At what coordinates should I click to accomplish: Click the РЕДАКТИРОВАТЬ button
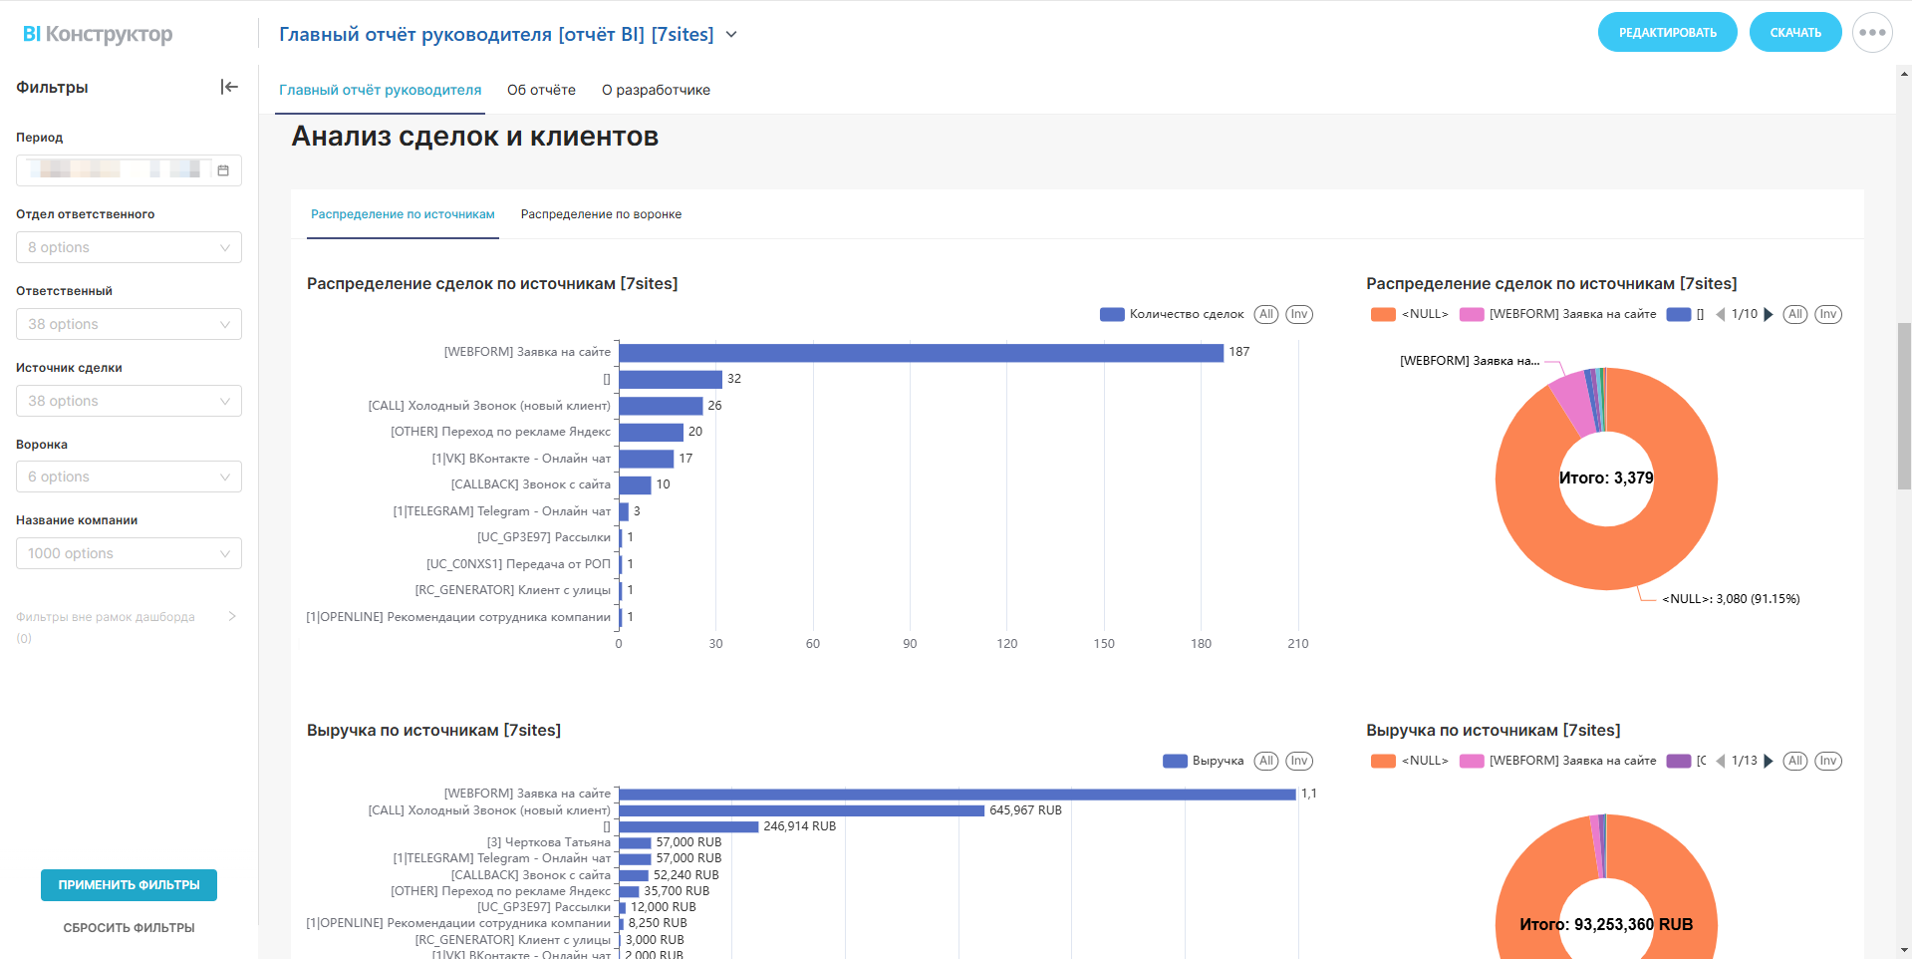[x=1667, y=33]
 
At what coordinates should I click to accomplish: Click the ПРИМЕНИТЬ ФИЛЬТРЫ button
[x=129, y=885]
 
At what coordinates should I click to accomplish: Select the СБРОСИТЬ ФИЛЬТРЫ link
[x=129, y=928]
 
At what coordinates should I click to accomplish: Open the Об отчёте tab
[x=541, y=90]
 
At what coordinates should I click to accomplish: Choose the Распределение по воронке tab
[x=601, y=214]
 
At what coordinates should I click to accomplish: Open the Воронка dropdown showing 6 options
[x=129, y=477]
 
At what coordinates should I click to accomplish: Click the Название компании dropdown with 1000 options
[x=129, y=553]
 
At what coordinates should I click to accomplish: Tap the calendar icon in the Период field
[x=223, y=170]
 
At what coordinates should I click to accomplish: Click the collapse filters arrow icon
[x=229, y=88]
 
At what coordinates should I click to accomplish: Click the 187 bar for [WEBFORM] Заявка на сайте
[x=921, y=353]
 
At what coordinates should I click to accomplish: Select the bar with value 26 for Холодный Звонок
[x=661, y=406]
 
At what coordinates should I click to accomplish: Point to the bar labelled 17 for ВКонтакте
[x=646, y=459]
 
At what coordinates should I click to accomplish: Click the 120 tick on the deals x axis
[x=1007, y=644]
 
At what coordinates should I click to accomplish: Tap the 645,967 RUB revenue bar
[x=801, y=810]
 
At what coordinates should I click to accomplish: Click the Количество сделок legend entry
[x=1173, y=314]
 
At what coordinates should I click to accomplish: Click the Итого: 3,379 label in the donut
[x=1606, y=479]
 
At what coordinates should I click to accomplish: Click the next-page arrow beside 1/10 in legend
[x=1769, y=314]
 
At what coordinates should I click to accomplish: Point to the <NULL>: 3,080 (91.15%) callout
[x=1731, y=599]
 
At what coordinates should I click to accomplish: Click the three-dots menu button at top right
[x=1872, y=33]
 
